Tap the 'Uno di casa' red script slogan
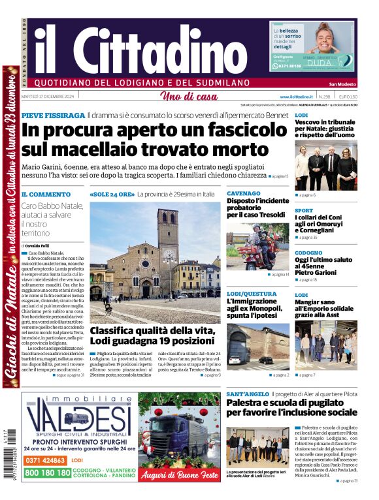pyautogui.click(x=189, y=97)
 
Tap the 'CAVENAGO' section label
pyautogui.click(x=243, y=194)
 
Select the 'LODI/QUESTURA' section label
pyautogui.click(x=252, y=294)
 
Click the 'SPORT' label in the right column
pyautogui.click(x=304, y=211)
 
